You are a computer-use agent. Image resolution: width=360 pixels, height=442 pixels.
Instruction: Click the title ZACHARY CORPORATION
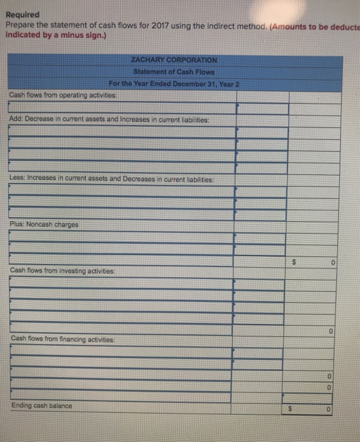coord(174,59)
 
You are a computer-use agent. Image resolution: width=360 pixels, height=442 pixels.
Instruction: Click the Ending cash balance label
coord(41,405)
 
